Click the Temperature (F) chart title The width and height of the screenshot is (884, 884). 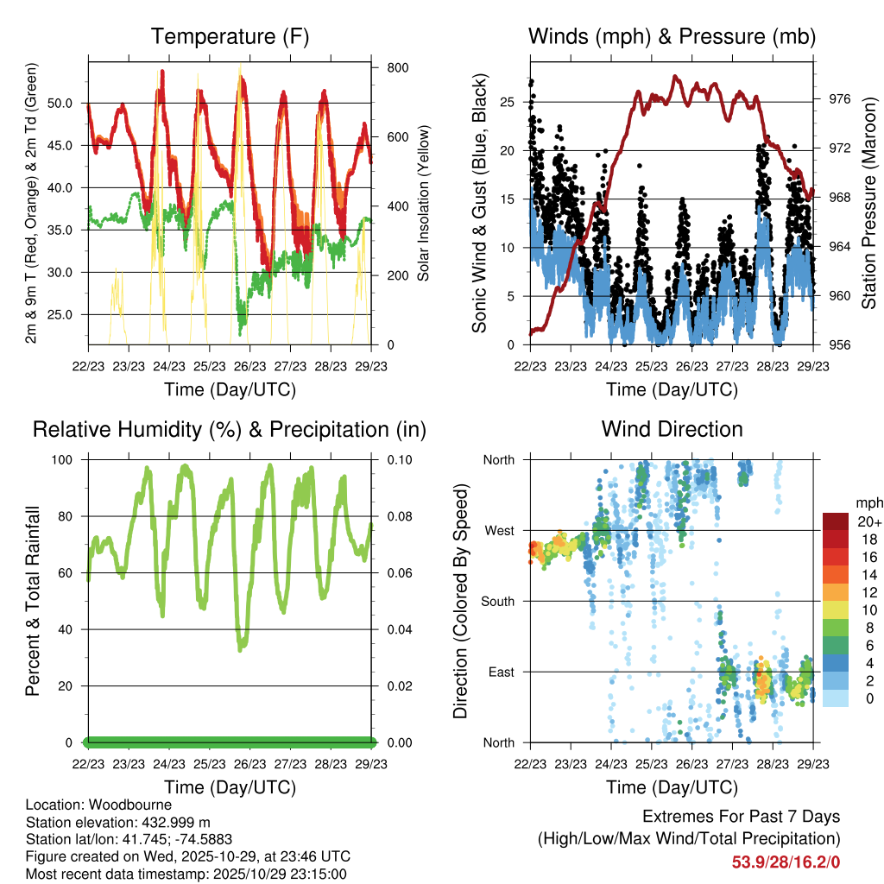pos(230,36)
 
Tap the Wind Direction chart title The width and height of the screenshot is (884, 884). pos(672,429)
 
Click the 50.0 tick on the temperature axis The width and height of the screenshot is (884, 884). pos(68,103)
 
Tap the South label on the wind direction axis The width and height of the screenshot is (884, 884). pos(498,601)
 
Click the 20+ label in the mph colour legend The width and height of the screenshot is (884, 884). pos(868,521)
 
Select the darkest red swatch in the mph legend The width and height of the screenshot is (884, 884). pos(835,521)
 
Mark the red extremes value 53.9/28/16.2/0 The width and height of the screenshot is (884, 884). pos(786,862)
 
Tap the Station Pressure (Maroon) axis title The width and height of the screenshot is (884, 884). pos(869,202)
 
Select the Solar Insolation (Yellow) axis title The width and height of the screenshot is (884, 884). pos(424,204)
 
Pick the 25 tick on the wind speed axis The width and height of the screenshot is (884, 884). pos(508,103)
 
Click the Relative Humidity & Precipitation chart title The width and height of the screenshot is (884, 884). pos(230,429)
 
